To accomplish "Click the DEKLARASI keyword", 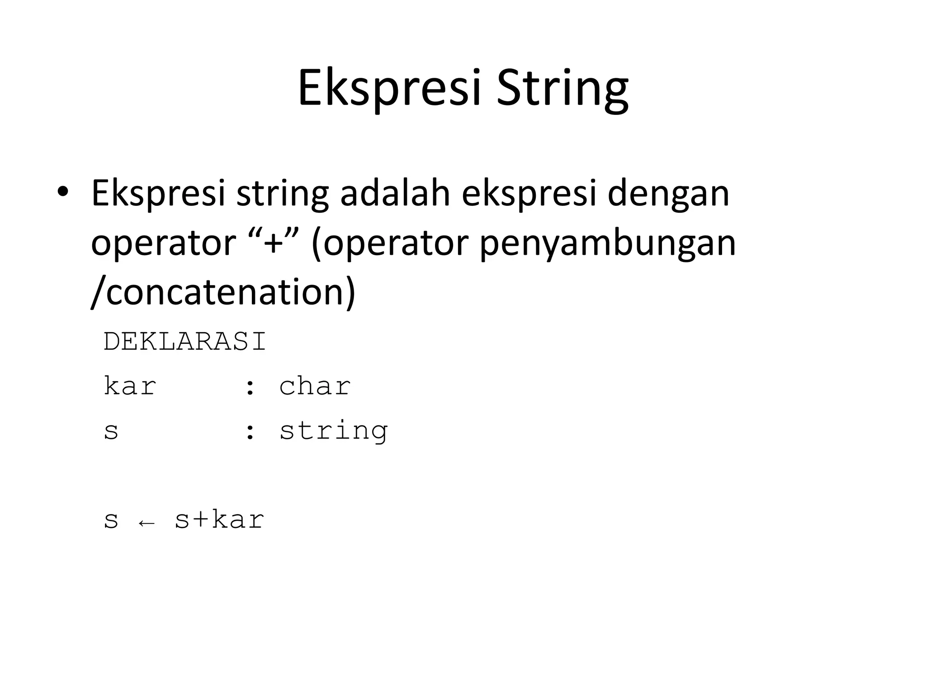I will tap(185, 342).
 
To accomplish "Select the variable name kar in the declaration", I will tap(130, 386).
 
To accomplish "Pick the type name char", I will tap(315, 386).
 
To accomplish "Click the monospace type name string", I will tap(334, 431).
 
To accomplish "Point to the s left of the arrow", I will tap(111, 520).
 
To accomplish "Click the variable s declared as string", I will tap(111, 431).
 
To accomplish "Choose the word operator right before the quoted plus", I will tap(163, 243).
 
